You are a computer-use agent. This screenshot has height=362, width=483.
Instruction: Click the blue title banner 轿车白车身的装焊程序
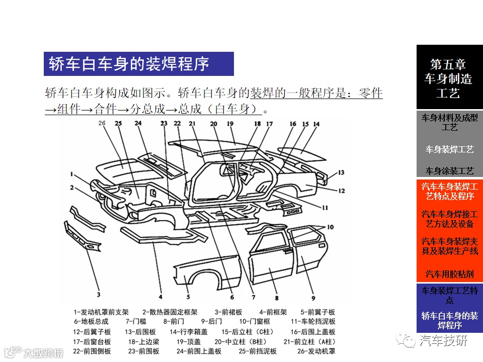(x=139, y=64)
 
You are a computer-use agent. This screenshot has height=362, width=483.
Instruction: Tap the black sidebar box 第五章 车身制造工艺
(x=449, y=77)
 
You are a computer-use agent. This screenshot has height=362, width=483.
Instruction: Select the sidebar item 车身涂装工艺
(x=449, y=170)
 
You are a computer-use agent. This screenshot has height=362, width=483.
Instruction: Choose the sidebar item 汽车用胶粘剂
(x=449, y=274)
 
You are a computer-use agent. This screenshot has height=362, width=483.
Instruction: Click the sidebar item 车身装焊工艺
(x=449, y=150)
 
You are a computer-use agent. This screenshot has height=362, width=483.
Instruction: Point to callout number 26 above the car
(x=102, y=123)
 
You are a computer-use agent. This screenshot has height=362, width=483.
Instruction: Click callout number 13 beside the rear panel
(x=341, y=172)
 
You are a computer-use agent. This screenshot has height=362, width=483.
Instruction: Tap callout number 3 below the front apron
(x=99, y=295)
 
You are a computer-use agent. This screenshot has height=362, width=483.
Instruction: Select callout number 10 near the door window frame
(x=330, y=227)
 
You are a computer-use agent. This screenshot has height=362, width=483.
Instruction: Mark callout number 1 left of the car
(x=72, y=174)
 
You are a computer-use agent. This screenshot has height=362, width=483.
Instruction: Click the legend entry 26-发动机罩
(x=316, y=351)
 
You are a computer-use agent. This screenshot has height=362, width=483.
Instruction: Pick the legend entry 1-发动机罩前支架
(x=101, y=312)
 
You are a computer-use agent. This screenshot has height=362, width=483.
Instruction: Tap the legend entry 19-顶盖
(x=189, y=342)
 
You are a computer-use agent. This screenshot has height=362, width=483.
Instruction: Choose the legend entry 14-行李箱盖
(x=189, y=332)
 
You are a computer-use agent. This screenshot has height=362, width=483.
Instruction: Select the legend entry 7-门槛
(x=136, y=321)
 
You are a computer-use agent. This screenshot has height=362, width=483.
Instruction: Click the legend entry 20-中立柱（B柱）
(x=240, y=342)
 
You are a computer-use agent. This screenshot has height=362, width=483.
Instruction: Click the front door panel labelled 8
(x=271, y=258)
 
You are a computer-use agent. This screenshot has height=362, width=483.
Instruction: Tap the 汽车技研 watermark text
(x=443, y=340)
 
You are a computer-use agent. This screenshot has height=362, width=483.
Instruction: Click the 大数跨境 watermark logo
(x=33, y=353)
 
